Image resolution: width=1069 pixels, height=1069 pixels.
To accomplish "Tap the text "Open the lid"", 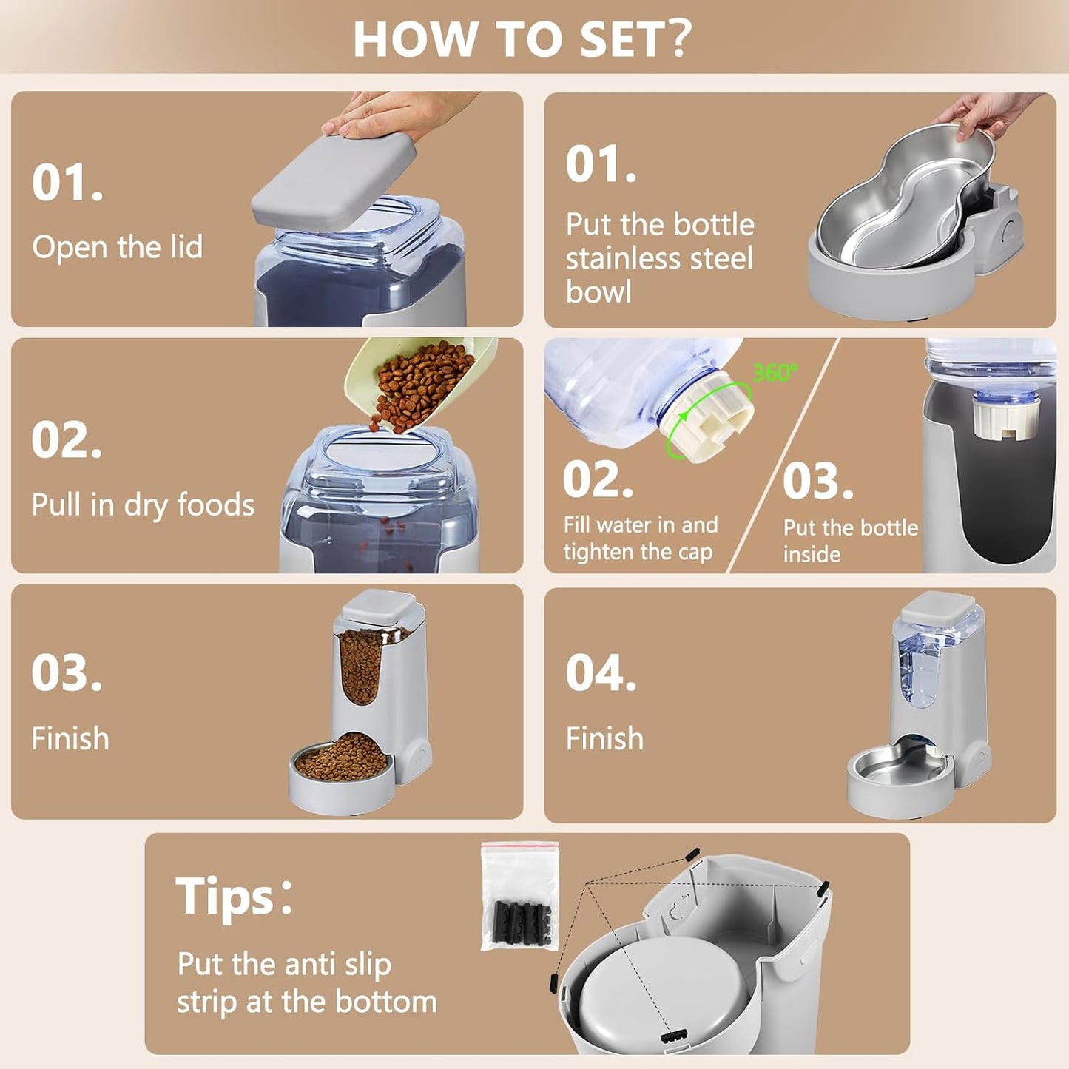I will pyautogui.click(x=117, y=247).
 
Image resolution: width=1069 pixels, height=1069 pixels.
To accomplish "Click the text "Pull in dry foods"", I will pyautogui.click(x=143, y=505).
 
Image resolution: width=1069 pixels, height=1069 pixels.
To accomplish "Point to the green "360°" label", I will pyautogui.click(x=775, y=372).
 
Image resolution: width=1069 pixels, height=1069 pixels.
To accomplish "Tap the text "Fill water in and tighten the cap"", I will pyautogui.click(x=640, y=538).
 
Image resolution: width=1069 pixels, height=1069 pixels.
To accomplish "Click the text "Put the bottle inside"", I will pyautogui.click(x=850, y=541).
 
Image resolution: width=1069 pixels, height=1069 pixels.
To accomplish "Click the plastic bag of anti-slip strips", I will pyautogui.click(x=519, y=897).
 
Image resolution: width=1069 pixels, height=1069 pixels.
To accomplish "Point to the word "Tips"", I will pyautogui.click(x=226, y=897).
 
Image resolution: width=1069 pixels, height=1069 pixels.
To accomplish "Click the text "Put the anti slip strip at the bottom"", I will pyautogui.click(x=306, y=983).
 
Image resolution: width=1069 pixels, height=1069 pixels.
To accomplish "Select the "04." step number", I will pyautogui.click(x=601, y=673).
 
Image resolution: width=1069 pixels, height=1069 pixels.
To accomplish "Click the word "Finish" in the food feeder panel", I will pyautogui.click(x=70, y=739).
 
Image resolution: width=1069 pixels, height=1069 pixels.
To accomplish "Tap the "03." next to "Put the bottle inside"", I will pyautogui.click(x=817, y=482).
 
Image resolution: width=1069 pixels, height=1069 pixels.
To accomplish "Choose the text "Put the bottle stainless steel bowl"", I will pyautogui.click(x=659, y=258).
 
